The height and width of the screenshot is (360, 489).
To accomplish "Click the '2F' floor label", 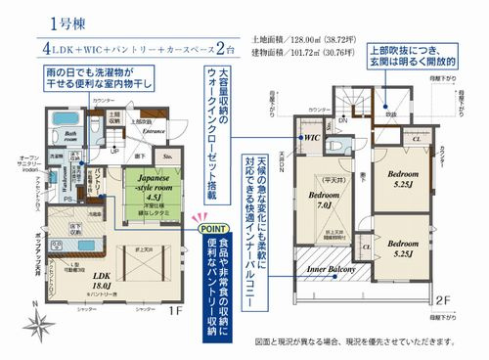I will (x=441, y=300).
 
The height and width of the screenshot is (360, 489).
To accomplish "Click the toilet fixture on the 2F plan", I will (x=338, y=140).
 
